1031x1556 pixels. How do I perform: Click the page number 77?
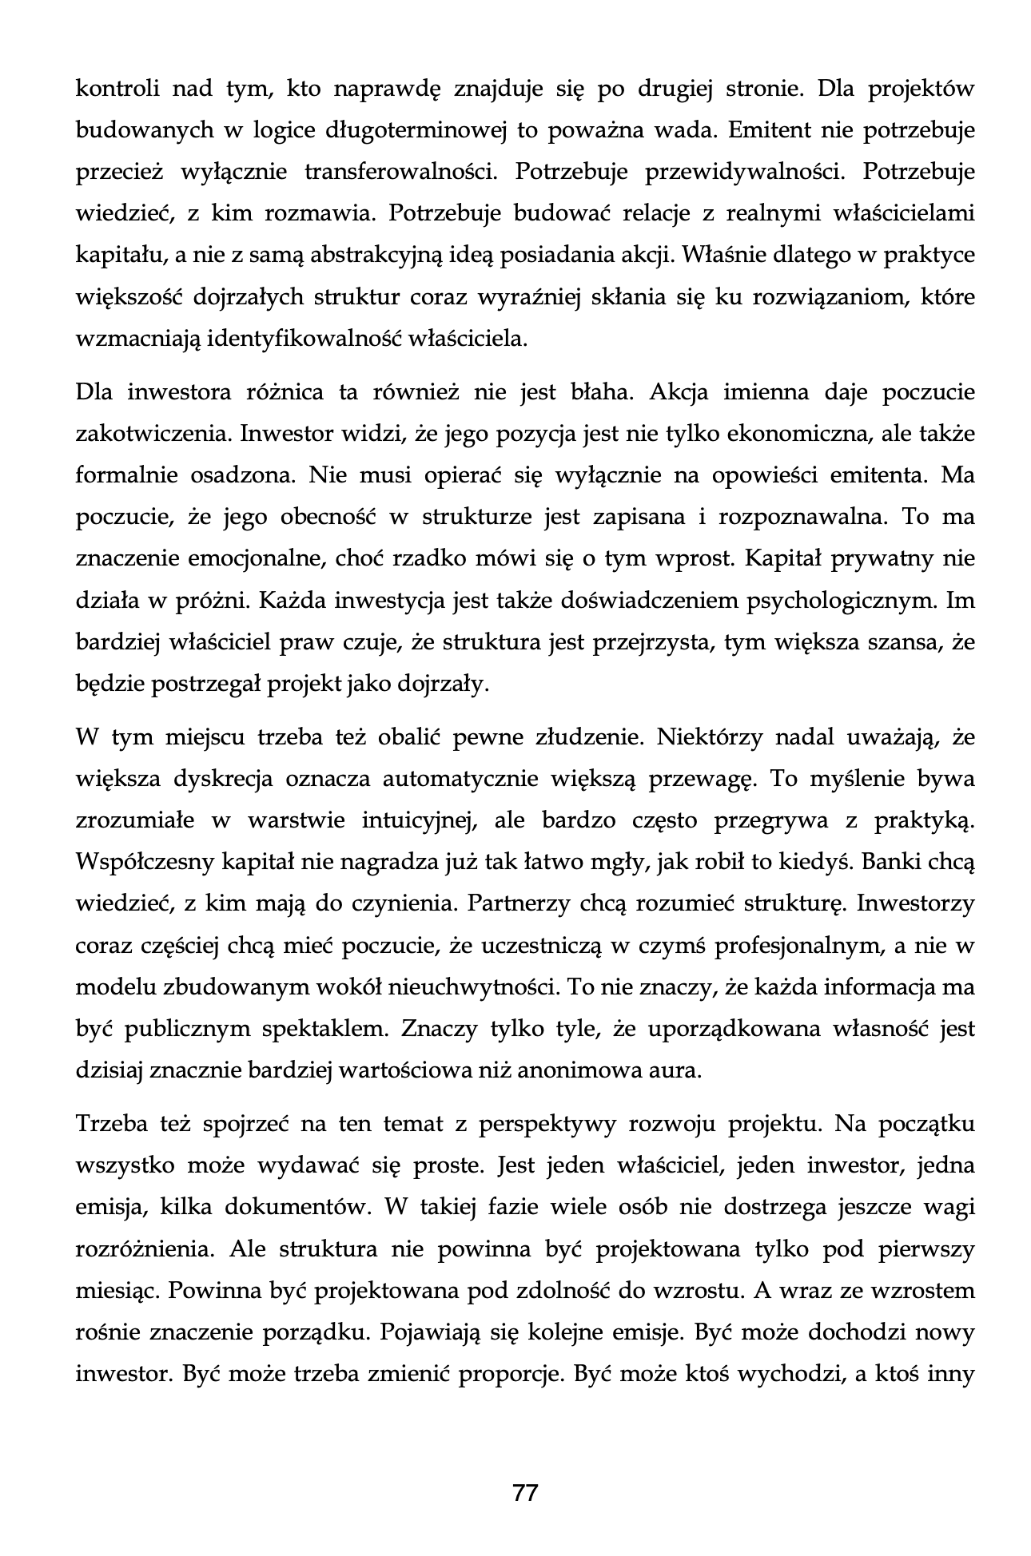(524, 1492)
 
